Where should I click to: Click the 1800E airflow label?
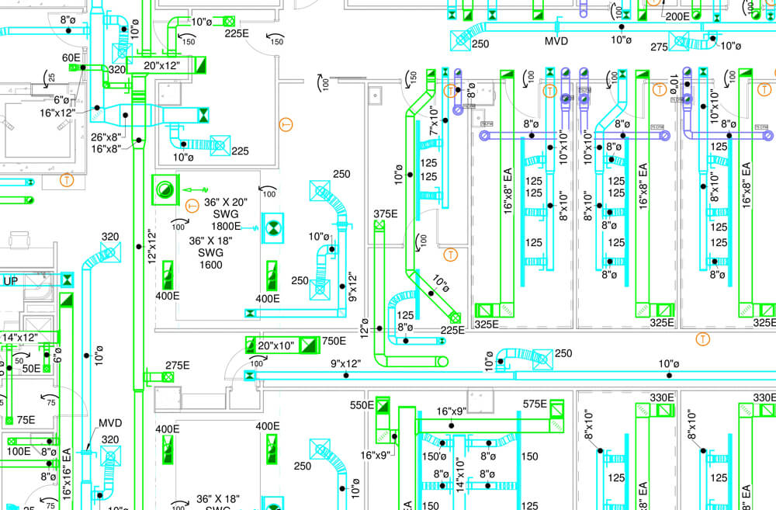click(x=227, y=227)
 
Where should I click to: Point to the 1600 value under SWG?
click(x=210, y=265)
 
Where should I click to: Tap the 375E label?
click(x=385, y=214)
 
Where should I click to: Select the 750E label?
click(x=334, y=341)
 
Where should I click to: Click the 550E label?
click(x=362, y=405)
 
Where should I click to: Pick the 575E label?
click(x=535, y=404)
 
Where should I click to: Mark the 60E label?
click(x=71, y=57)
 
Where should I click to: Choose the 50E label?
click(x=31, y=368)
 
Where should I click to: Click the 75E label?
click(x=26, y=420)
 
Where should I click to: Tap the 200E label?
click(x=677, y=16)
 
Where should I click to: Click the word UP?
click(x=11, y=281)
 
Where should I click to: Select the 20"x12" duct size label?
click(x=161, y=66)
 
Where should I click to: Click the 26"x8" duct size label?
click(x=106, y=137)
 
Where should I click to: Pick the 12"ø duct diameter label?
click(x=365, y=329)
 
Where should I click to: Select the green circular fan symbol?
click(x=165, y=189)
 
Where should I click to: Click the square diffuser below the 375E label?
click(x=379, y=226)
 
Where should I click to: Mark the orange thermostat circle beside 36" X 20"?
click(x=193, y=206)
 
